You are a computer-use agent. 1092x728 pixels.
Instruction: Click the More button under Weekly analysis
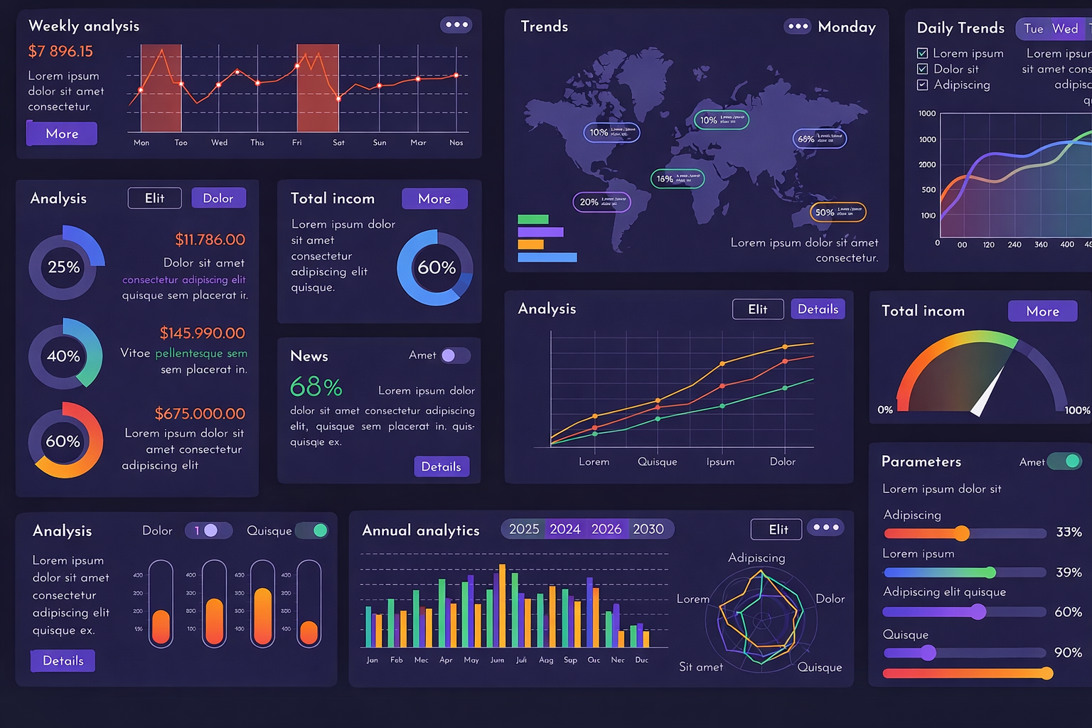(62, 134)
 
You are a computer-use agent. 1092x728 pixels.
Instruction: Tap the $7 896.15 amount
(60, 51)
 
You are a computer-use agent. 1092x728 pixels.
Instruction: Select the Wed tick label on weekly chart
(219, 143)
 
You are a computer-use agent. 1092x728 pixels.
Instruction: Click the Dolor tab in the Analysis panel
(218, 198)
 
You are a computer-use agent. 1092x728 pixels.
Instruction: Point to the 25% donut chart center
(64, 267)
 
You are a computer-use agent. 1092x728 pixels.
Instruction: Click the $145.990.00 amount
(202, 333)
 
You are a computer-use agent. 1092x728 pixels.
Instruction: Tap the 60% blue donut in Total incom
(435, 268)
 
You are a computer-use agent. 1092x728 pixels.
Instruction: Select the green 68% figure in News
(316, 387)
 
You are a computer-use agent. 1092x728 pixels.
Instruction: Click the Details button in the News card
(441, 466)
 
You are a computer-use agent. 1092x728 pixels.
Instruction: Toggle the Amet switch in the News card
(455, 355)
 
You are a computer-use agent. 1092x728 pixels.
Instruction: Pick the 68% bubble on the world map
(819, 139)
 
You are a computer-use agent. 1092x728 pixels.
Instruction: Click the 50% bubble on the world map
(837, 212)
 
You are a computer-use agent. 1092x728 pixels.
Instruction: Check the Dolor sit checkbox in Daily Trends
(923, 69)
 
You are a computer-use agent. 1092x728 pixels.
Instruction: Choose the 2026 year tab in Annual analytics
(606, 529)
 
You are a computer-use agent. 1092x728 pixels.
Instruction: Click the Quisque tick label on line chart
(657, 462)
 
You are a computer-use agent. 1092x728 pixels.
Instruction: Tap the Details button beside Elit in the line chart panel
(818, 309)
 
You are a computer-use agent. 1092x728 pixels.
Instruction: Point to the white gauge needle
(990, 391)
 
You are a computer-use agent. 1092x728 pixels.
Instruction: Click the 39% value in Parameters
(1069, 572)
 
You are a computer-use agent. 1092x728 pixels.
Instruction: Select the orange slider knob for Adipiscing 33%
(962, 533)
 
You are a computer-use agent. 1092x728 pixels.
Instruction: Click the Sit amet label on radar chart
(700, 667)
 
